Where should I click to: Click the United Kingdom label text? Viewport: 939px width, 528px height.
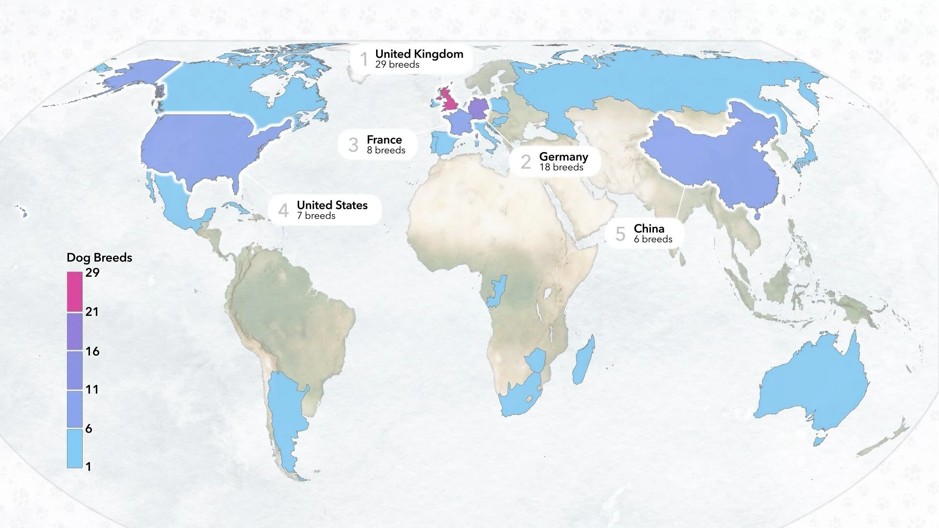point(419,54)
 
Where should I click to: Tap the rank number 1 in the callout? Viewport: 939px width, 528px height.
point(363,59)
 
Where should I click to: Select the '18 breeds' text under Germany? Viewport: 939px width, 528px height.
point(561,167)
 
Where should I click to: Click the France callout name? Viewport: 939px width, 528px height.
point(384,140)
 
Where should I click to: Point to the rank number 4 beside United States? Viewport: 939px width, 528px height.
point(283,210)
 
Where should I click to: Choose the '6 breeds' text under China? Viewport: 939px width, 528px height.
point(653,239)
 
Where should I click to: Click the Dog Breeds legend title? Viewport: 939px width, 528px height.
point(99,258)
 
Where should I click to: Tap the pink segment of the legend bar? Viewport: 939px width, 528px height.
point(75,292)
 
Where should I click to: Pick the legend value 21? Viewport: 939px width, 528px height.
point(92,311)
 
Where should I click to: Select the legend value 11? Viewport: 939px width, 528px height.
point(92,389)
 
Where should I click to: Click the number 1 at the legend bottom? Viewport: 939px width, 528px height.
point(89,467)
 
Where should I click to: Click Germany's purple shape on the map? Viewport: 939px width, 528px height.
point(478,109)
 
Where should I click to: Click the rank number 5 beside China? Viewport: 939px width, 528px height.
point(620,234)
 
